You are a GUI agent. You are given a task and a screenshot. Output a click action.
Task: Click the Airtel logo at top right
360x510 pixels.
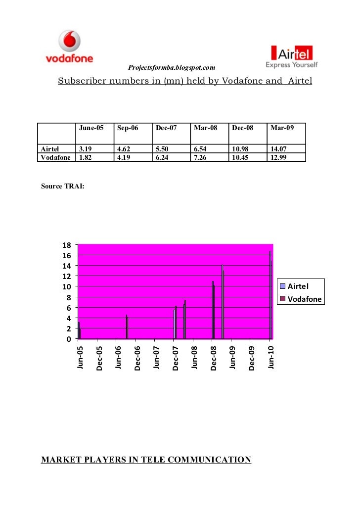coord(292,56)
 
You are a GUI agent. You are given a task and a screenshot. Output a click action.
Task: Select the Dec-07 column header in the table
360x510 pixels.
coord(166,128)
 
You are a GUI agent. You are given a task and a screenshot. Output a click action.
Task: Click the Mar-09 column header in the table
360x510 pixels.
coord(282,128)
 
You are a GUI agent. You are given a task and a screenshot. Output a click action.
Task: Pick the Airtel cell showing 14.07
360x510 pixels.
coord(279,148)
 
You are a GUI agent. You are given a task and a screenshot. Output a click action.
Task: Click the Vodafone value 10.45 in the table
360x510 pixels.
coord(242,157)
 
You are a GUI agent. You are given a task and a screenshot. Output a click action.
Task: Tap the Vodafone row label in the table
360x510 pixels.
coord(55,157)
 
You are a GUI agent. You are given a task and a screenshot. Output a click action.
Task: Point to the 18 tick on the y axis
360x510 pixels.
coord(67,245)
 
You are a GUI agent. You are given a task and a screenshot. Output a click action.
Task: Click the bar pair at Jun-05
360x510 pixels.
coord(79,330)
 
